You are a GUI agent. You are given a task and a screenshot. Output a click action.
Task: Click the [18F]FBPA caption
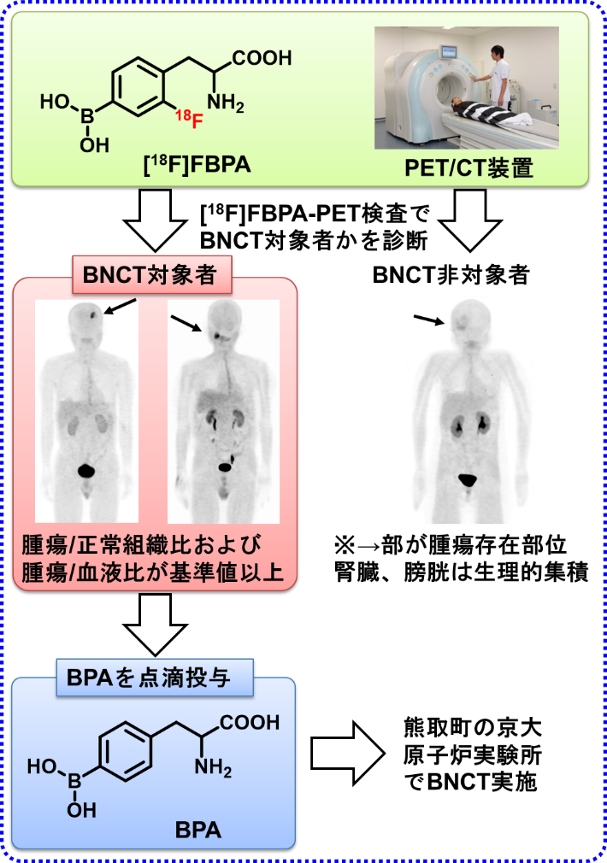click(x=197, y=164)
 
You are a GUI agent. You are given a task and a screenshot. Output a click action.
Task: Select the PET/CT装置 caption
click(x=469, y=167)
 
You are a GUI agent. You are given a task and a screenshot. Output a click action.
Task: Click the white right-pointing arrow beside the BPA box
click(x=347, y=754)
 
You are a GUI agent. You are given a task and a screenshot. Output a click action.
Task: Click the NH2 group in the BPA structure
click(x=213, y=766)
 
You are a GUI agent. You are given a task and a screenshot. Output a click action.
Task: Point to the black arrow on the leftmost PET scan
click(x=120, y=305)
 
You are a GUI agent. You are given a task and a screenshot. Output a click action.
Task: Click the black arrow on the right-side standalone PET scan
click(x=429, y=320)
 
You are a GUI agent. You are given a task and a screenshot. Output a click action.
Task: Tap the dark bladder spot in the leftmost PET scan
click(x=85, y=471)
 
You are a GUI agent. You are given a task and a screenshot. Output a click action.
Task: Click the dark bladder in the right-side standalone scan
click(x=469, y=482)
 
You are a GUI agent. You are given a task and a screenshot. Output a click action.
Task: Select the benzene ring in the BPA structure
click(x=125, y=751)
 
